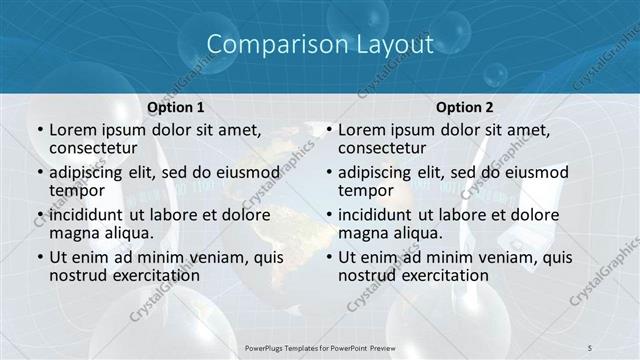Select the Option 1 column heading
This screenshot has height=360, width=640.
click(x=175, y=107)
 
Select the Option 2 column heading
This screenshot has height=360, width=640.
click(x=463, y=107)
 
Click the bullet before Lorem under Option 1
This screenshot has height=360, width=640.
click(x=39, y=130)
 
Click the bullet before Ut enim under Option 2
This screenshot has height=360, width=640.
click(x=328, y=257)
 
